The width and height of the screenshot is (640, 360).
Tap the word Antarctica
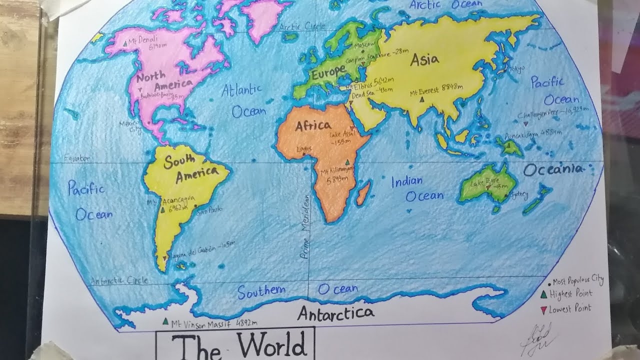click(335, 313)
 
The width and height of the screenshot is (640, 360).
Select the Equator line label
click(76, 159)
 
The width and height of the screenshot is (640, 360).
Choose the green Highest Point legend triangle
click(543, 294)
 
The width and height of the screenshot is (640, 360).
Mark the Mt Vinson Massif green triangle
click(165, 321)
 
